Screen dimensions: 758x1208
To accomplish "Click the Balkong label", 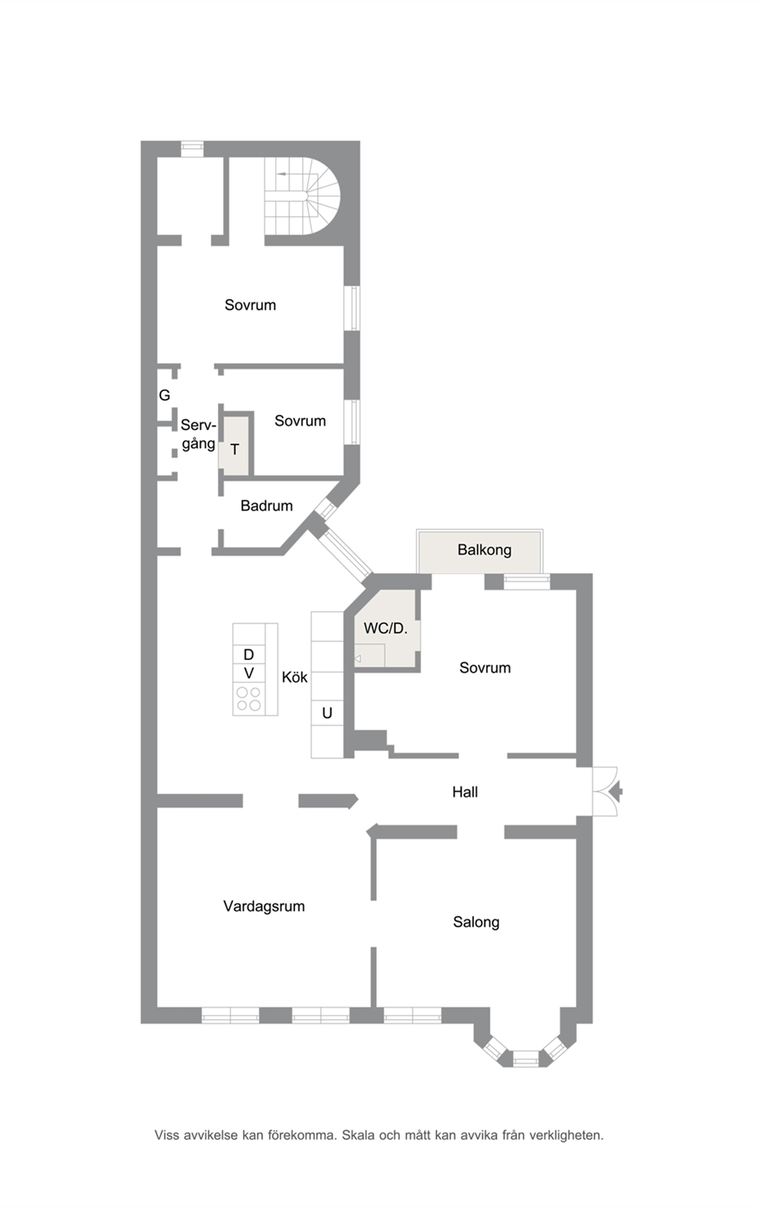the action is (484, 550).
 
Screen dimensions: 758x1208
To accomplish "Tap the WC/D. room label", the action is (385, 628).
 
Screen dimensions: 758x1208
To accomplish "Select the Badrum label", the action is (267, 506).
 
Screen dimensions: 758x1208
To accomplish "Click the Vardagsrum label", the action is (264, 906).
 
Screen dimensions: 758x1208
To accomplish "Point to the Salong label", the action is (476, 922).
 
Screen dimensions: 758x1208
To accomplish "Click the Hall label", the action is (465, 792).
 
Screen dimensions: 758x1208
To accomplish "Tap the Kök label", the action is (295, 677).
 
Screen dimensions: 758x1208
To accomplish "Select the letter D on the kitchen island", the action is (248, 655).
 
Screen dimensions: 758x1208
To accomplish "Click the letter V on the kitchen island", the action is (248, 673).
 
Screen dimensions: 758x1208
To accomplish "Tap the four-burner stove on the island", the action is (248, 699).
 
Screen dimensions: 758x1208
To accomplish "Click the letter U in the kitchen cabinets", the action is (327, 713).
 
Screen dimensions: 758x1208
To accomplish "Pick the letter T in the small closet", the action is (235, 449).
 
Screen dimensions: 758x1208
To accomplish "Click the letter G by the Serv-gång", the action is (164, 395).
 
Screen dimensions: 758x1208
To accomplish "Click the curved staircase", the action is (302, 196).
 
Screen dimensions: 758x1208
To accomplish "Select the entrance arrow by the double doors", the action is (617, 792).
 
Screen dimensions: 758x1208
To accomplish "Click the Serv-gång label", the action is (199, 434).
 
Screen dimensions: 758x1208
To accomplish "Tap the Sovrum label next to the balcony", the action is (485, 668).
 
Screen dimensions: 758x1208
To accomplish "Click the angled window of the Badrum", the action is (326, 509).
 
